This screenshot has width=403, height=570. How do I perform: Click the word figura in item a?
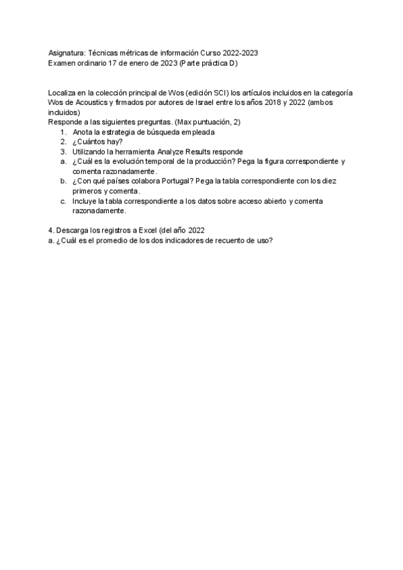click(279, 161)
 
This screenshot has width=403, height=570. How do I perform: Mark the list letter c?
click(62, 201)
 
